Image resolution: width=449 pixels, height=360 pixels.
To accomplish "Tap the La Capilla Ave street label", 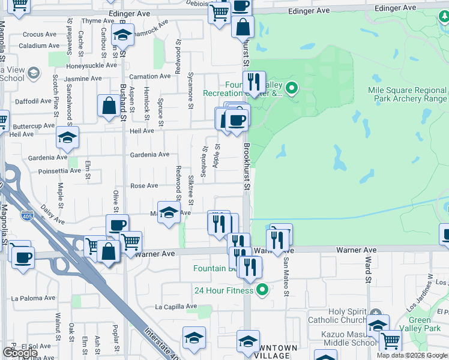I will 176,307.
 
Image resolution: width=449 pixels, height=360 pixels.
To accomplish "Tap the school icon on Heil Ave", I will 67,137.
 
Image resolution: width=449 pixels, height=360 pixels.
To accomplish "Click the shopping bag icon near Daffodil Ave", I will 110,106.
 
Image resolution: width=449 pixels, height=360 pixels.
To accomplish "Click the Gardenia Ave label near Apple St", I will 150,154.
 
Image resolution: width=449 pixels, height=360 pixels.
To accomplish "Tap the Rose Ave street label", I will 144,186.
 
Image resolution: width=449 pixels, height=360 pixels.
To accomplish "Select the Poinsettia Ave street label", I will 59,170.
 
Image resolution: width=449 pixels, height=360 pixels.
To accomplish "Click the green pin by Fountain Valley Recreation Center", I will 292,88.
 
